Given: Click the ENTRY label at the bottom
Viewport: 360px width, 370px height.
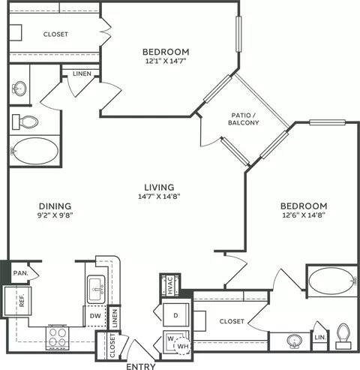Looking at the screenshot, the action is coord(141,366).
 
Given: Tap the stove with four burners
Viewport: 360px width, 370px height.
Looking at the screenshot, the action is coord(58,338).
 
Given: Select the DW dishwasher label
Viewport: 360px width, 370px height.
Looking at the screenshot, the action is coord(95,316).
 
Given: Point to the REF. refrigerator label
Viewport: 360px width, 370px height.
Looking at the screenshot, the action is coord(22,300).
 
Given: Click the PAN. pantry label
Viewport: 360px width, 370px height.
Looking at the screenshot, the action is coord(21,273).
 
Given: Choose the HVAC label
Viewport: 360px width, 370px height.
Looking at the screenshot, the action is coord(170,285).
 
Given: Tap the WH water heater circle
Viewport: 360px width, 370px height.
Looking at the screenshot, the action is coord(183,347).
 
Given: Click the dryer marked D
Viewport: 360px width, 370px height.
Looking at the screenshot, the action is coord(175,315).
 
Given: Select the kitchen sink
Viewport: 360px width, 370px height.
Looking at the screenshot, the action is coord(96,290).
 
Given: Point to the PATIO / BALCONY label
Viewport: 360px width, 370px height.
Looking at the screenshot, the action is coord(244,119).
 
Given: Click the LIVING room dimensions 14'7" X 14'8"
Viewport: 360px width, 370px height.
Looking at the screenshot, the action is coord(159,197).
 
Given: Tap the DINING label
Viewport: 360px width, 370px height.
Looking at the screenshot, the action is coord(55,206).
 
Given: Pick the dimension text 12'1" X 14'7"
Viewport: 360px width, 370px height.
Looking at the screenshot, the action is coord(166,61).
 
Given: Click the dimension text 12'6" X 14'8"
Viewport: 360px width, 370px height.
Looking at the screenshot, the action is coord(304,215).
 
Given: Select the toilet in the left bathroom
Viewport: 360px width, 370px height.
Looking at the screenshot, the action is coord(25,122).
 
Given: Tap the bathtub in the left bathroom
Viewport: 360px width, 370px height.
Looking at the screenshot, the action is coord(35,151).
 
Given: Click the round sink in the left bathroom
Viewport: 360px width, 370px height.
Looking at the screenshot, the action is coord(19,89).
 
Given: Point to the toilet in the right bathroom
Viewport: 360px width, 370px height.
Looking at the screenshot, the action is coord(343,336).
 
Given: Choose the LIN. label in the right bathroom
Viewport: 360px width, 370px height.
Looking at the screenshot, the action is coord(320,337).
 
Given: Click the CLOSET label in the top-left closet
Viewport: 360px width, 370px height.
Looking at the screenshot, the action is coord(55,35).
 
